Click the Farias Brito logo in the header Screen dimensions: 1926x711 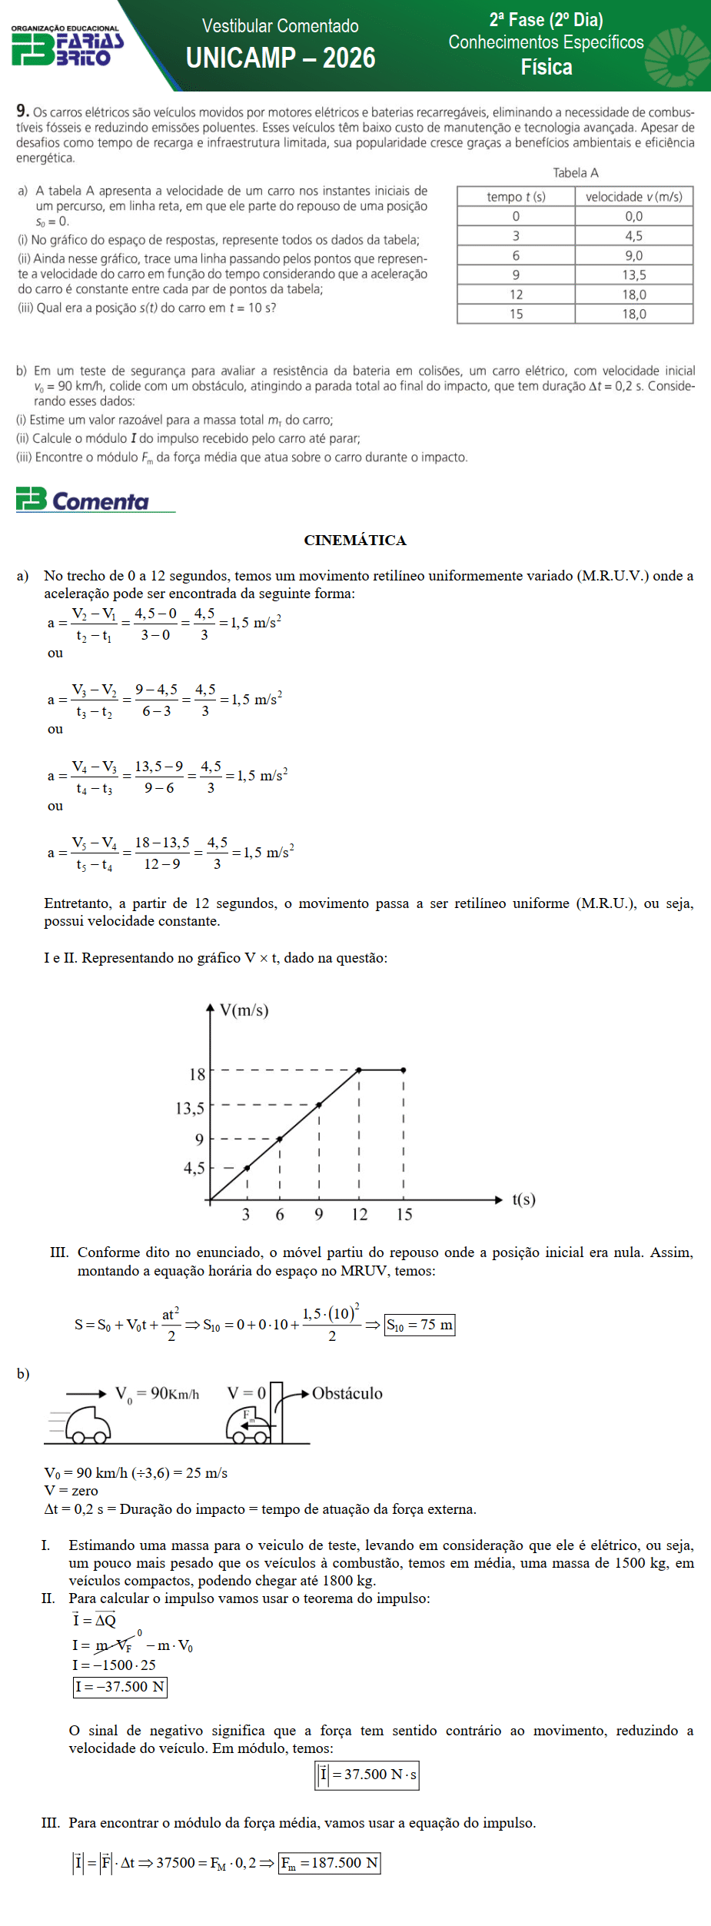coord(67,46)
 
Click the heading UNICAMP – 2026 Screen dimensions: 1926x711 coord(281,58)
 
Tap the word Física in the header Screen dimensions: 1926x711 coord(547,68)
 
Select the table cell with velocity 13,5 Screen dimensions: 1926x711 coord(634,275)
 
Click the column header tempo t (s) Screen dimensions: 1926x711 coord(516,197)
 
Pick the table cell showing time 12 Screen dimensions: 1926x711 coord(516,294)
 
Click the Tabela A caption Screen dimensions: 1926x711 coord(576,173)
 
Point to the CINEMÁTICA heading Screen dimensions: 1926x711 coord(355,540)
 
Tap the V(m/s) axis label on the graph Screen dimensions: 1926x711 coord(244,1010)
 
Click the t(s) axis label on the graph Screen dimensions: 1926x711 coord(523,1199)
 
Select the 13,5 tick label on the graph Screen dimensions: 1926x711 coord(190,1108)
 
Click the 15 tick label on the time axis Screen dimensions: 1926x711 coord(404,1214)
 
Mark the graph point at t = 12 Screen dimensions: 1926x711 coord(359,1069)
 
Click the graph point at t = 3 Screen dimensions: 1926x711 coord(247,1168)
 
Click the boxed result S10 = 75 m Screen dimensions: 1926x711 coord(420,1325)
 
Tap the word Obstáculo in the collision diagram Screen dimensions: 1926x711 coord(347,1393)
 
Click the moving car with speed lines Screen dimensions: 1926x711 coord(86,1424)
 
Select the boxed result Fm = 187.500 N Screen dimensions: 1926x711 coord(330,1863)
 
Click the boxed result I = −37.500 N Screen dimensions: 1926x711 coord(120,1687)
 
